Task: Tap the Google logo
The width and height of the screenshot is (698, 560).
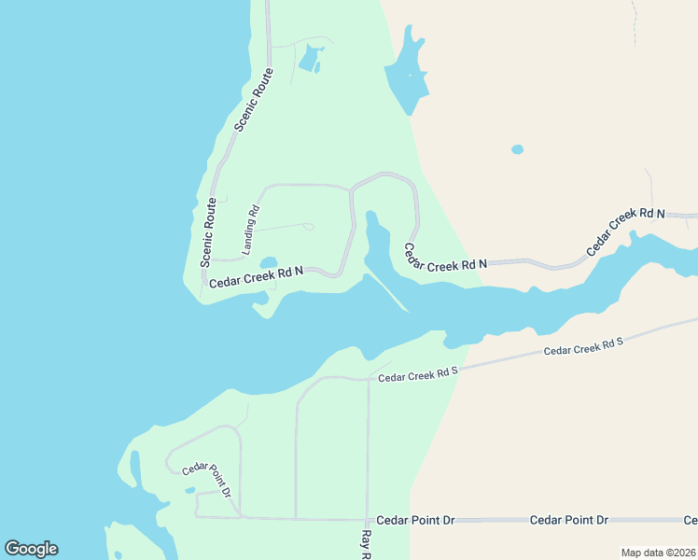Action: tap(31, 549)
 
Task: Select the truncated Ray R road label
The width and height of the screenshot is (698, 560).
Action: tap(366, 545)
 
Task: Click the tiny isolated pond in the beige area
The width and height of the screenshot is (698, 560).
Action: tap(517, 149)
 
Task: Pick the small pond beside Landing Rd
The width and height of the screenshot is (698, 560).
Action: tap(268, 262)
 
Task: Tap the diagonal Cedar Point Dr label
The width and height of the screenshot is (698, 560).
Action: tap(207, 479)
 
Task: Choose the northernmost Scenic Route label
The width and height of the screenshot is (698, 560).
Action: tap(254, 99)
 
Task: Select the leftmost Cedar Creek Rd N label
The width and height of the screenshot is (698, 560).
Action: tap(256, 277)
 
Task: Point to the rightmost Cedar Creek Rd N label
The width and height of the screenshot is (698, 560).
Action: tap(625, 232)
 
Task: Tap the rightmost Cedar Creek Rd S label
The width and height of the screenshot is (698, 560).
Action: tap(583, 346)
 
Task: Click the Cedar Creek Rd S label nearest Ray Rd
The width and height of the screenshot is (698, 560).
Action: tap(418, 373)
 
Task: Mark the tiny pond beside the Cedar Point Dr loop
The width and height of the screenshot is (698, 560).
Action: tap(190, 490)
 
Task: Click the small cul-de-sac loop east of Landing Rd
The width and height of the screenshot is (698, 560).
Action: tap(309, 226)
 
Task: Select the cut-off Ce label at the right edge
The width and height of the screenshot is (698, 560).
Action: tap(691, 520)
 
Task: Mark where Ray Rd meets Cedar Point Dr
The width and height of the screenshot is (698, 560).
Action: tap(368, 519)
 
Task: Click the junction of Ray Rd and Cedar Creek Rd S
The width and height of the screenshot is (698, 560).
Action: tap(368, 379)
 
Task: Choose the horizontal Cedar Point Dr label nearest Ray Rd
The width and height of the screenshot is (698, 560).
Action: tap(414, 519)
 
